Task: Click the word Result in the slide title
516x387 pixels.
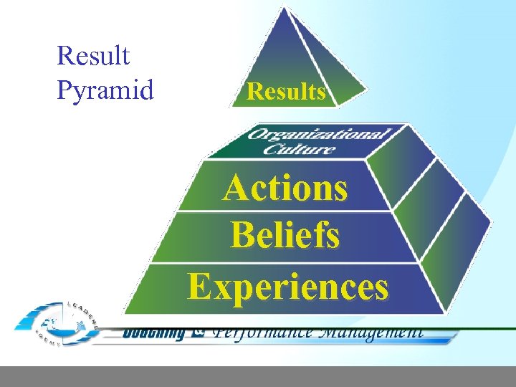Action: [93, 55]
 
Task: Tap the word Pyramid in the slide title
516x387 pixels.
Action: [105, 90]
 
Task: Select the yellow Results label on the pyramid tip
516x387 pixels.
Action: [286, 92]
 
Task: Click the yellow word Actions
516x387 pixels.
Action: [285, 188]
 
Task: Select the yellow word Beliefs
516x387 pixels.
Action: [285, 235]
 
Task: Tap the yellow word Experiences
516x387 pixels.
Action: [287, 286]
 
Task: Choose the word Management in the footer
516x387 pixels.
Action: [369, 333]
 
